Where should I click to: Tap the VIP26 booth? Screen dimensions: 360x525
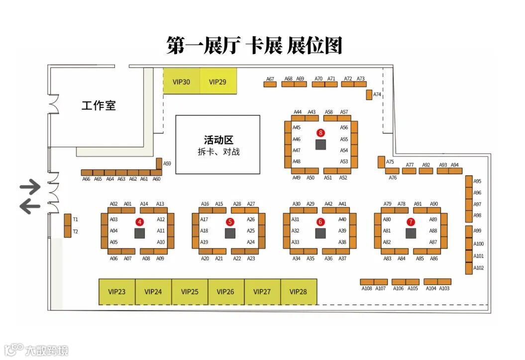pos(225,292)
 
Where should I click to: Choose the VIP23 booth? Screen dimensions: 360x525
pos(116,292)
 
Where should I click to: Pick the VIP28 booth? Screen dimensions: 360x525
pos(298,292)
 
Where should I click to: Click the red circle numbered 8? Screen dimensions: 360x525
pos(320,133)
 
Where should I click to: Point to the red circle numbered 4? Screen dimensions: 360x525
pos(140,222)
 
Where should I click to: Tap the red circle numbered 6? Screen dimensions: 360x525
pos(320,222)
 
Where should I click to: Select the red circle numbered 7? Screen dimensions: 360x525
pos(411,222)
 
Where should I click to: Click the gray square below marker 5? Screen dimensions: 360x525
pos(230,233)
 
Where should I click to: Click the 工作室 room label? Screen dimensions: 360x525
pos(99,105)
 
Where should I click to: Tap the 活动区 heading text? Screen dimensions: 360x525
pos(218,141)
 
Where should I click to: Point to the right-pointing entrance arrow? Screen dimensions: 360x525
pos(30,188)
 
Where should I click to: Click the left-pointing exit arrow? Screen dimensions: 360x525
pos(30,206)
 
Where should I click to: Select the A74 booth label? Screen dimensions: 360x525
pos(377,94)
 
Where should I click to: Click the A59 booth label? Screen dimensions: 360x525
pos(167,164)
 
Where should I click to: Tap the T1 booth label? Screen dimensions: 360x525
pos(76,219)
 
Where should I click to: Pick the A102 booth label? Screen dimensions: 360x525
pos(478,268)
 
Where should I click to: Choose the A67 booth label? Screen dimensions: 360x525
pos(270,79)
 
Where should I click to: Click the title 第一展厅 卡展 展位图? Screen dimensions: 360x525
pos(254,45)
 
